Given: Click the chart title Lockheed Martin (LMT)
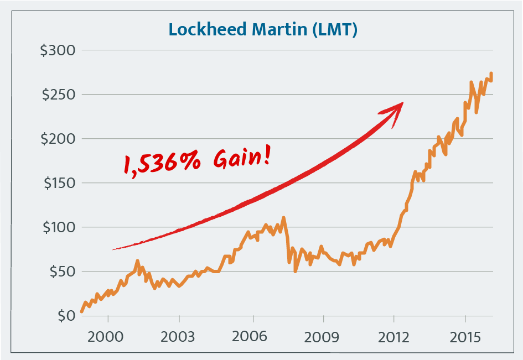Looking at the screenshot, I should pos(262,29).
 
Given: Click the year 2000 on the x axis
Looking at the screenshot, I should pos(108,337).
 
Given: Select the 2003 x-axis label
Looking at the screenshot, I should pos(179,337).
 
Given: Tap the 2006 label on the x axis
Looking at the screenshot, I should pos(252,337).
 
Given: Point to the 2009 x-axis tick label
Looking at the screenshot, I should pos(323,337).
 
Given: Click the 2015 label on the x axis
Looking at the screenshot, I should pos(465,337).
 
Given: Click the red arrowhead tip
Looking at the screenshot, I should pos(403,103).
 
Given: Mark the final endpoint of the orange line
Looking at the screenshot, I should pos(491,73).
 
